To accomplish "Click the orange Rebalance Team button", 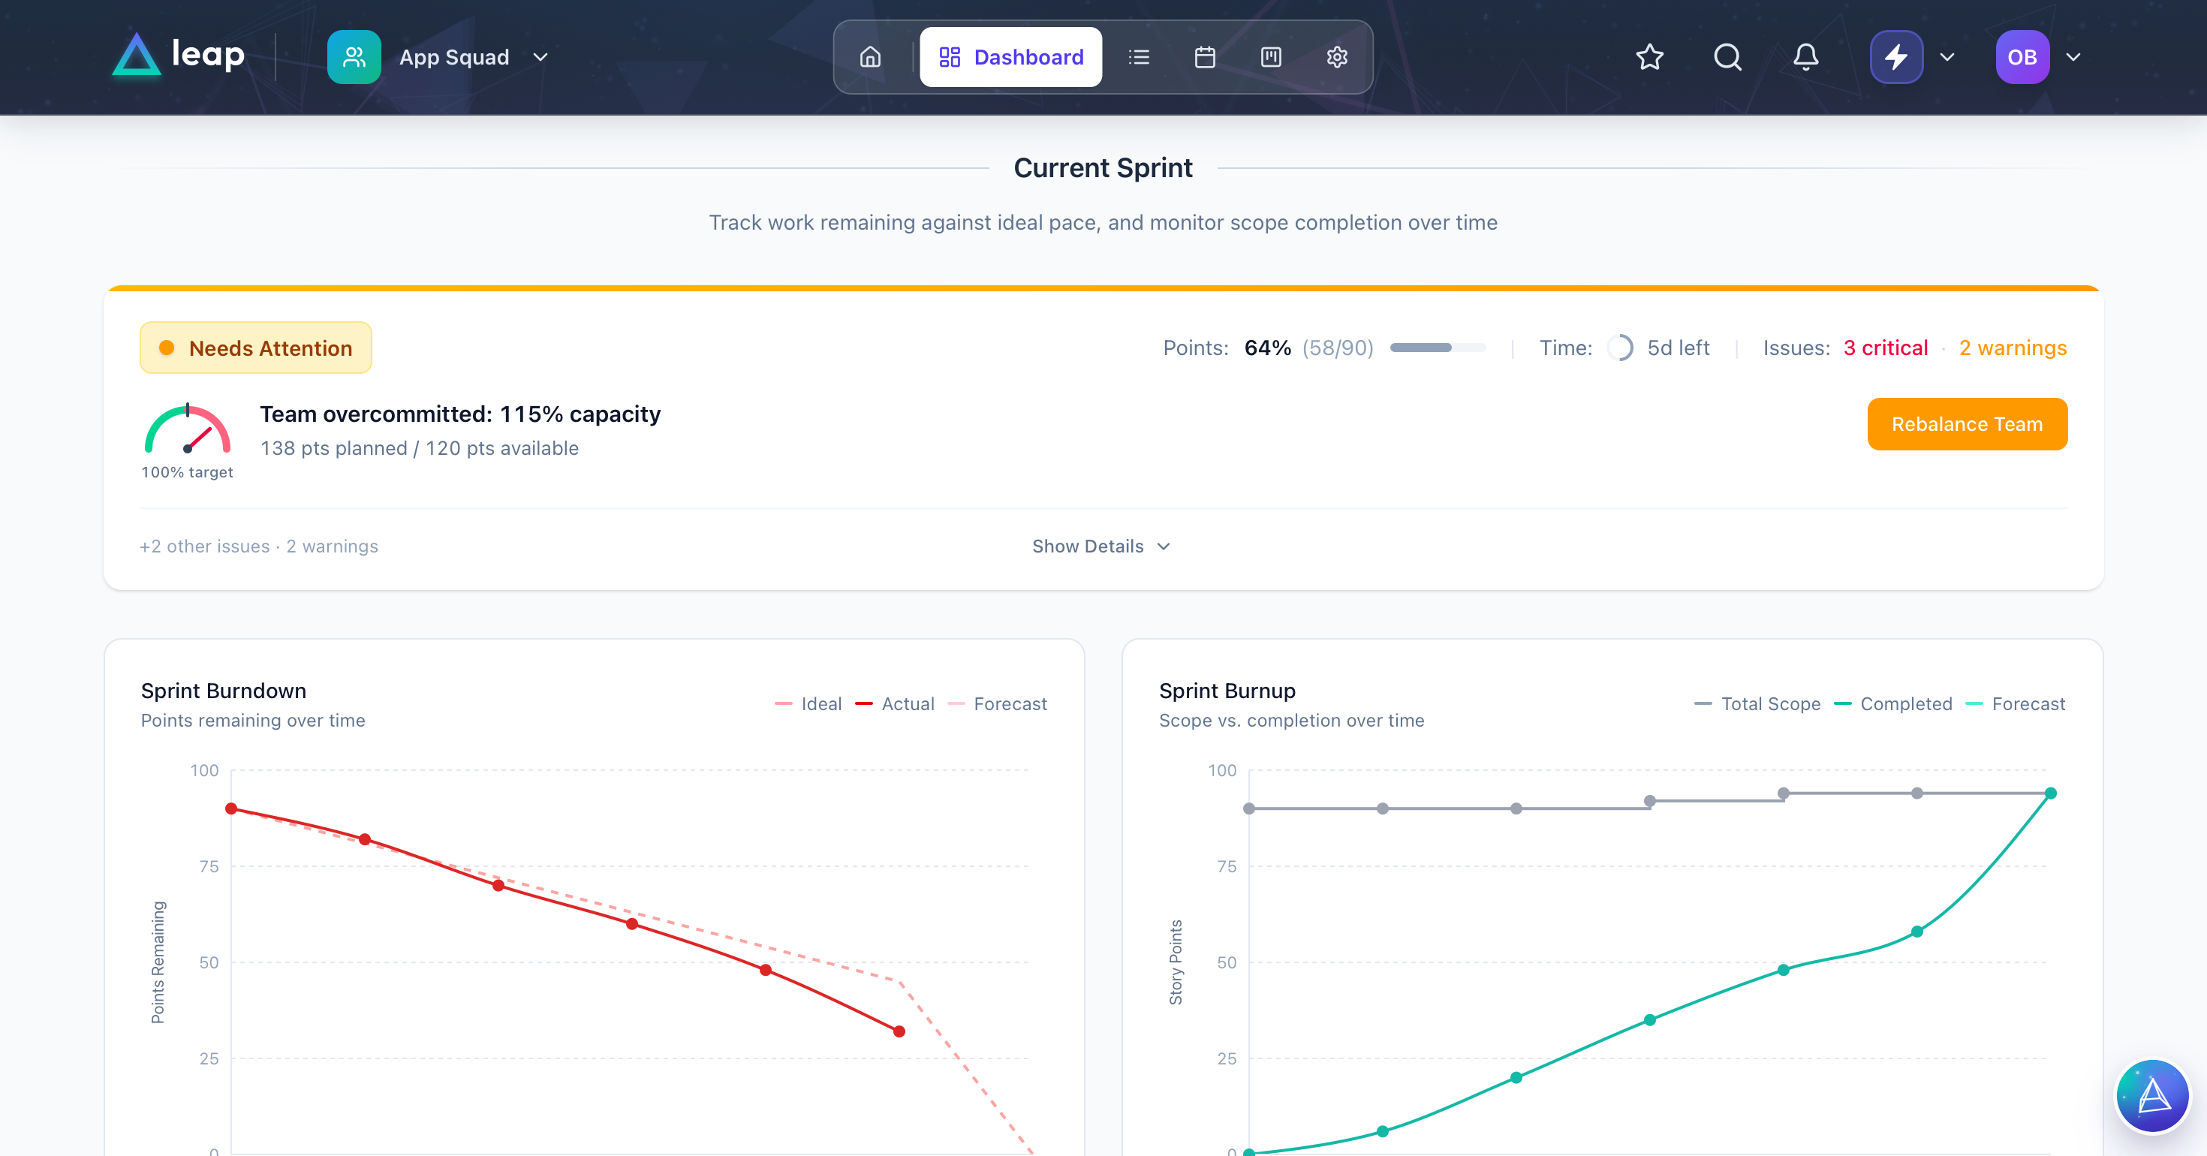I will (1966, 424).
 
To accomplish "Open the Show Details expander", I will (1100, 546).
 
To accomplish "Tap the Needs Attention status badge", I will (255, 348).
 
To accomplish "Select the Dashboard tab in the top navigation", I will (1010, 57).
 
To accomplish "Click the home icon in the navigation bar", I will (869, 57).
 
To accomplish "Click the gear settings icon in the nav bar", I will (1336, 57).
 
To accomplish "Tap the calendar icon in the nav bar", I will (1205, 57).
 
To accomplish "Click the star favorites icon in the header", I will (1649, 57).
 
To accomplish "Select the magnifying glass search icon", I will (1727, 57).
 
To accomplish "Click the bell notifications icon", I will (1805, 57).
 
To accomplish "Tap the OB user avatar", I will (2022, 57).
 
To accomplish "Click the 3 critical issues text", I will (1885, 348).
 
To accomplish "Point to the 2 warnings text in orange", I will (2013, 348).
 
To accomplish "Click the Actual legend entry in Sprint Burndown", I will (896, 703).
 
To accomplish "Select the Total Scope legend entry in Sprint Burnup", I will (1758, 703).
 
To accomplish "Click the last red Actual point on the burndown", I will (899, 1031).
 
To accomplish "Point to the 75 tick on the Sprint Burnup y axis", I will (1226, 866).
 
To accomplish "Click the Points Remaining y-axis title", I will (158, 962).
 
